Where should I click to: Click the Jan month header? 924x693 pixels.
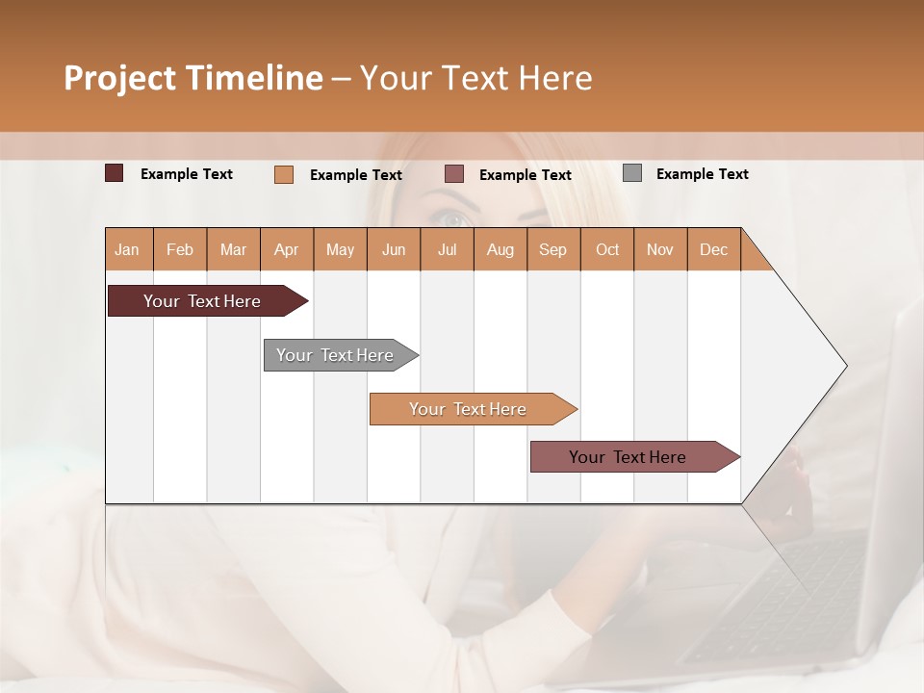pos(128,249)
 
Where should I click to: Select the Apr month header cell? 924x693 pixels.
pos(287,249)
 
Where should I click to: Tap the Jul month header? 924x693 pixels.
pos(448,249)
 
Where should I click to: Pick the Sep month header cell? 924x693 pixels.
pos(553,249)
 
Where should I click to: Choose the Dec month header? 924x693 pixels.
pos(713,249)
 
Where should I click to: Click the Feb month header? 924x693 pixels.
pos(180,249)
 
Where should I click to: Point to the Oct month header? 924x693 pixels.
pos(607,249)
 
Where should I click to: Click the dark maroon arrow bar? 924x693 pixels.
pos(202,301)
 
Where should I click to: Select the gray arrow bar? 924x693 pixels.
pos(335,355)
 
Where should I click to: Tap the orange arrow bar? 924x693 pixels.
pos(468,409)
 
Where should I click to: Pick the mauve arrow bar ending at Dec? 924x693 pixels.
pos(628,457)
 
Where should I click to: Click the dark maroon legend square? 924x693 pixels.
pos(115,173)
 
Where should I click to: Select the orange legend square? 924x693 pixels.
pos(284,174)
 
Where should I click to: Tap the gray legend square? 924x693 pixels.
pos(632,173)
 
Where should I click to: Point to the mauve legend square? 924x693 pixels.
pos(454,174)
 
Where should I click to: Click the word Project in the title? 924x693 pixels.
pos(118,78)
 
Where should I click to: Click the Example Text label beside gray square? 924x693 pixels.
pos(702,174)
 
